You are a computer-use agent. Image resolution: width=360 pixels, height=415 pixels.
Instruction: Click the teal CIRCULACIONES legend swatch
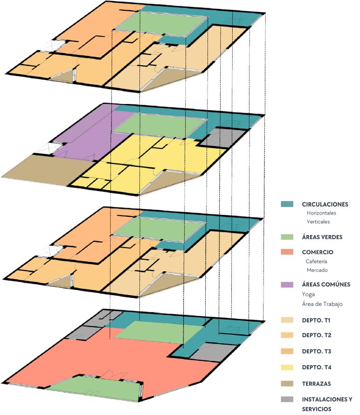point(287,204)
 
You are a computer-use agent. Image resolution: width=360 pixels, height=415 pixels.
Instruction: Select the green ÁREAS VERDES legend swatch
point(287,237)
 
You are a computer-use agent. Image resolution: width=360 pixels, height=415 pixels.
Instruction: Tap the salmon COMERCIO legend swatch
point(287,252)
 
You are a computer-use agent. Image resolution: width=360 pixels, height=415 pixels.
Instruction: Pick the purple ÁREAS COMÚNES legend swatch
point(287,284)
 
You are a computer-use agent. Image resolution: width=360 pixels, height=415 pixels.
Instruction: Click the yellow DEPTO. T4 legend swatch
point(287,367)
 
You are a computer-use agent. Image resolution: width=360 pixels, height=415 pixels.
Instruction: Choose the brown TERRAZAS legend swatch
point(287,383)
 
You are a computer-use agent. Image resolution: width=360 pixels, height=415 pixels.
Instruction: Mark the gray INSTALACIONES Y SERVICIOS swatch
point(287,400)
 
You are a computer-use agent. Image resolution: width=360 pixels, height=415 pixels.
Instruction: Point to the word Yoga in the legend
point(309,294)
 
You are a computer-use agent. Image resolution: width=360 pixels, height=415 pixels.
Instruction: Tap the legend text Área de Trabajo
point(322,304)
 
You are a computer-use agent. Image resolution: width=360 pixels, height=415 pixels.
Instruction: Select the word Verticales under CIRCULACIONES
point(318,221)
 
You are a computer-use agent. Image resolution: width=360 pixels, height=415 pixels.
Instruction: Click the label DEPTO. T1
point(317,321)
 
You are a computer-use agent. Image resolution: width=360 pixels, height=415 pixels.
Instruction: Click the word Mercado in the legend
point(317,270)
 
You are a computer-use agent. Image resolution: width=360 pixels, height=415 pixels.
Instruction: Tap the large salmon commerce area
point(93,359)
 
